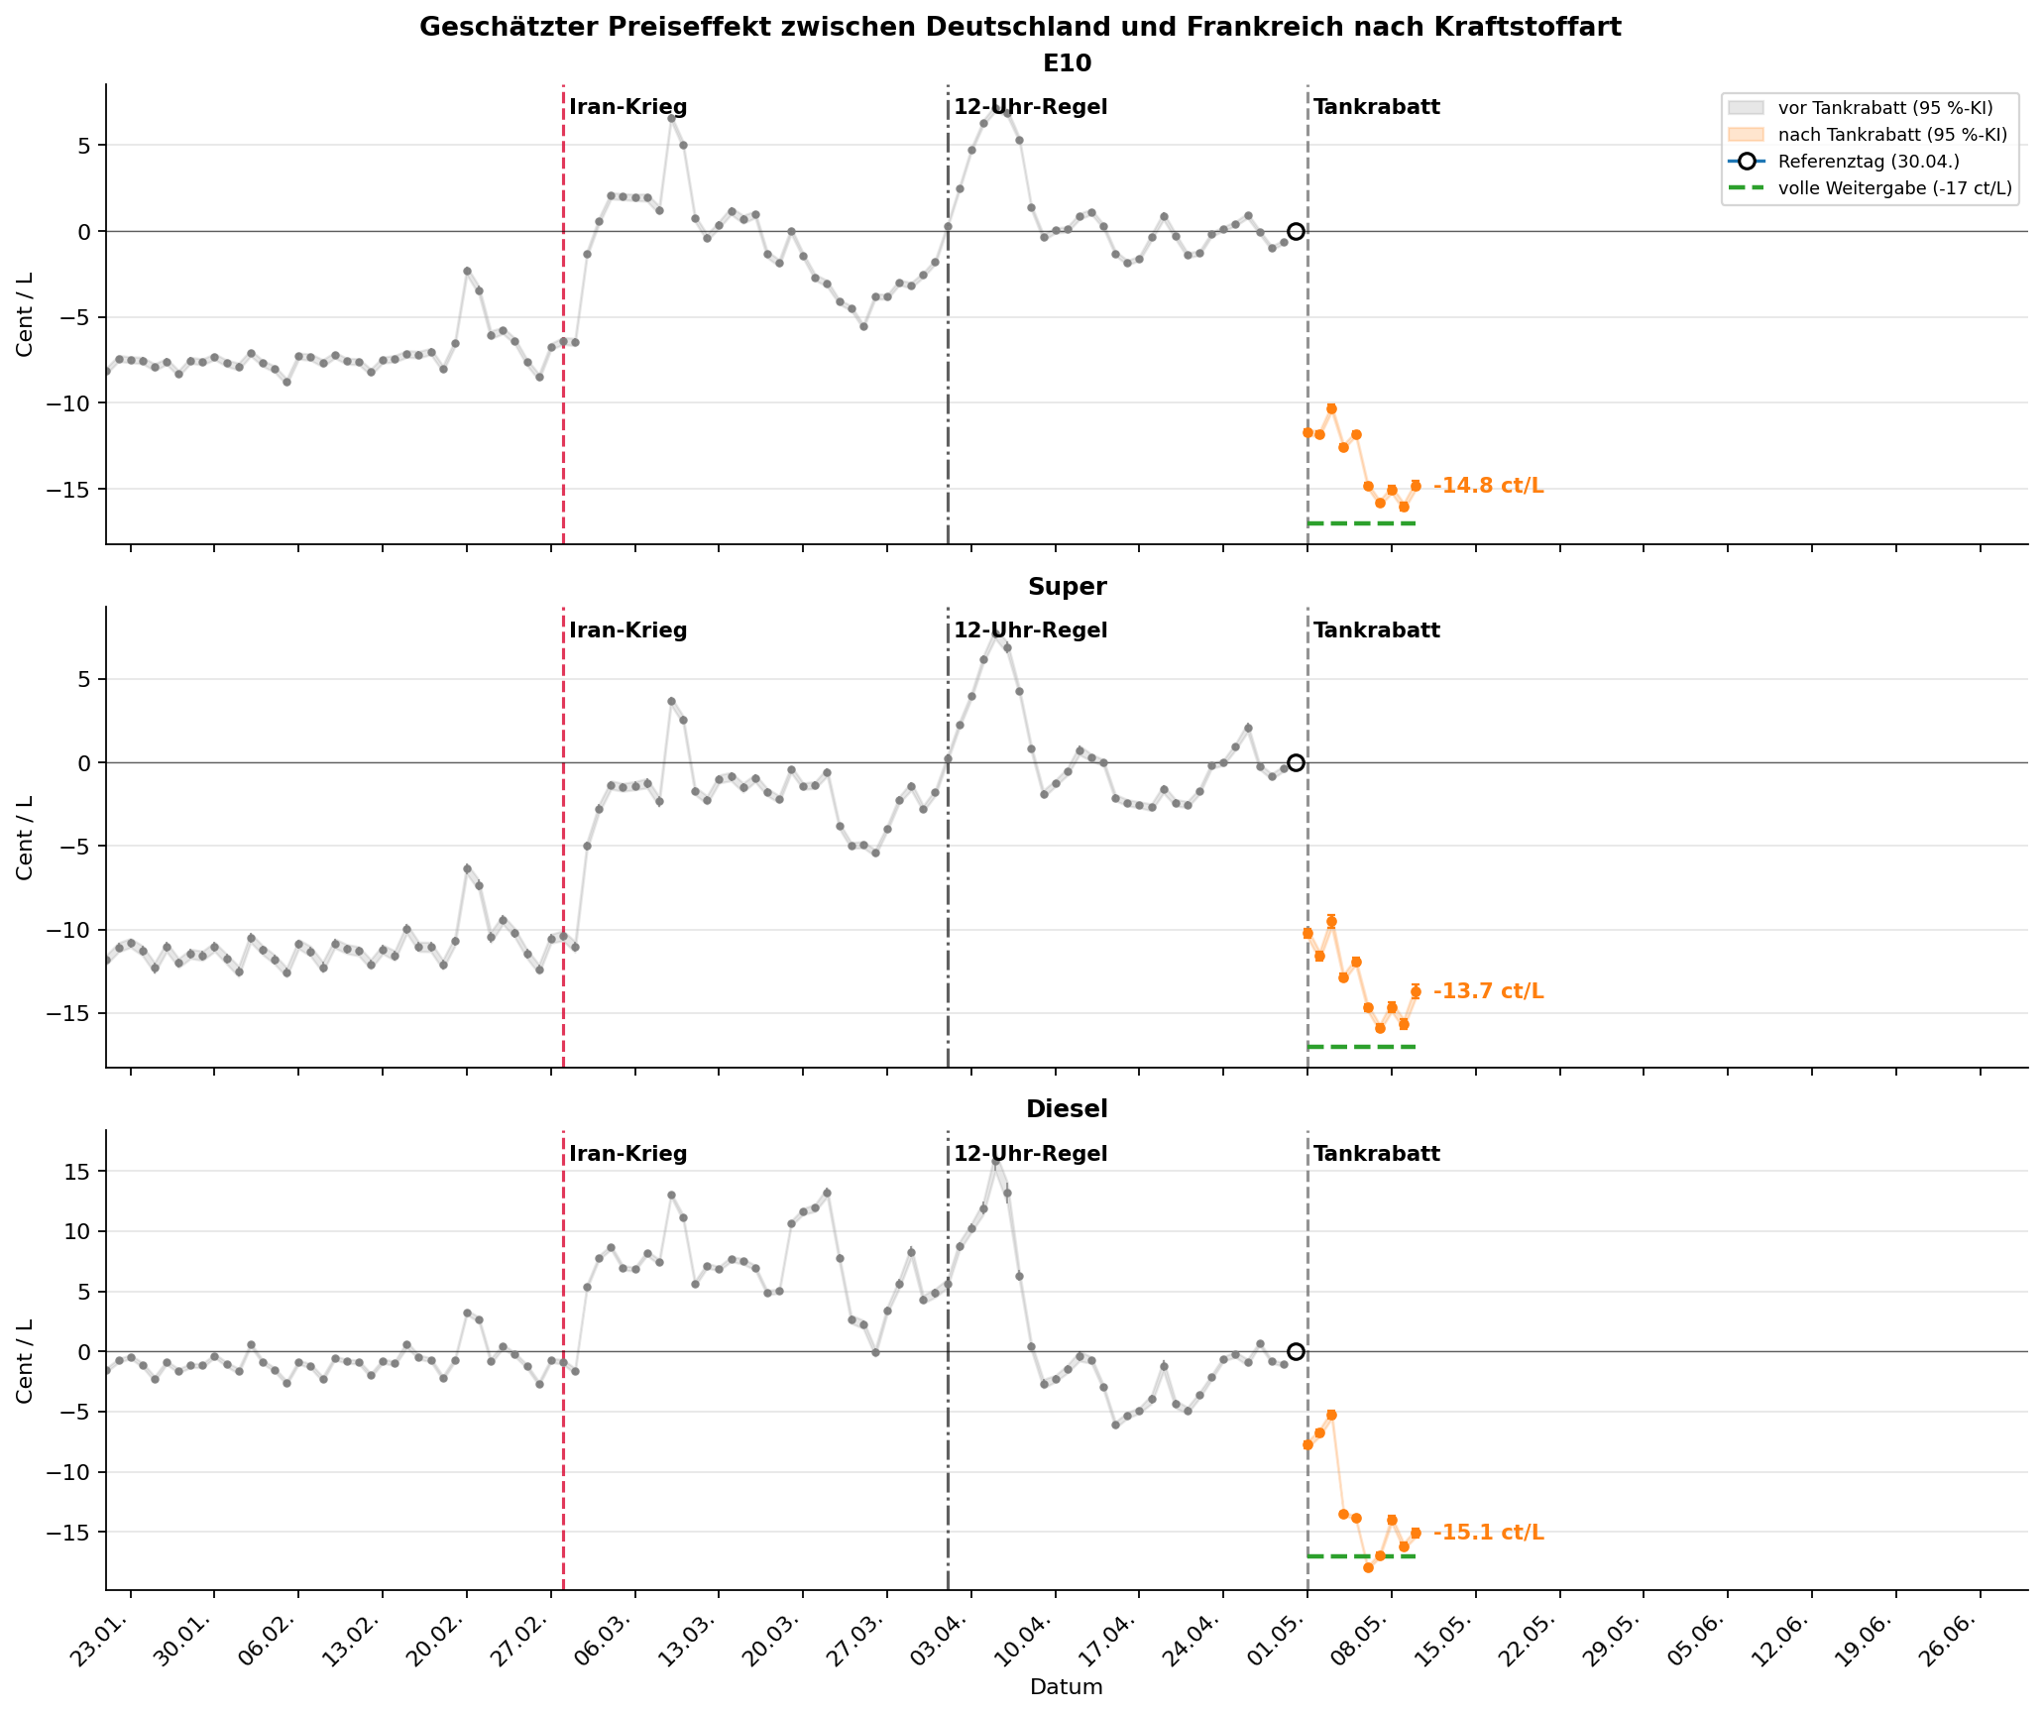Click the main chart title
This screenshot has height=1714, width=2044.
(x=1020, y=27)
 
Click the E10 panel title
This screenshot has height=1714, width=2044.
(x=1067, y=63)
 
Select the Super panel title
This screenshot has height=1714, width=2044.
(x=1067, y=587)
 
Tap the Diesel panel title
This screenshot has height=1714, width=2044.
(x=1067, y=1109)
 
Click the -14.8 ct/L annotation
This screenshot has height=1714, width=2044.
(x=1488, y=486)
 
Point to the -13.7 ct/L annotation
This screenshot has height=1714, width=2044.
(x=1488, y=991)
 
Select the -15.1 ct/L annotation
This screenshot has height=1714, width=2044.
(x=1488, y=1533)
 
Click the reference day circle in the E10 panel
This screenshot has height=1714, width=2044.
(x=1296, y=231)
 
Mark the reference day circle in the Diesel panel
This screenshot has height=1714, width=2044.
(x=1296, y=1351)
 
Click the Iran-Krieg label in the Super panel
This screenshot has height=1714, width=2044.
(x=628, y=630)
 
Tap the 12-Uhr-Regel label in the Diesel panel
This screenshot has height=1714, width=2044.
(x=1031, y=1154)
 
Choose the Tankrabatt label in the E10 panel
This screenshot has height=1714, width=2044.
(x=1377, y=107)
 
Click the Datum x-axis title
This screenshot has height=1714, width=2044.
(x=1067, y=1687)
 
